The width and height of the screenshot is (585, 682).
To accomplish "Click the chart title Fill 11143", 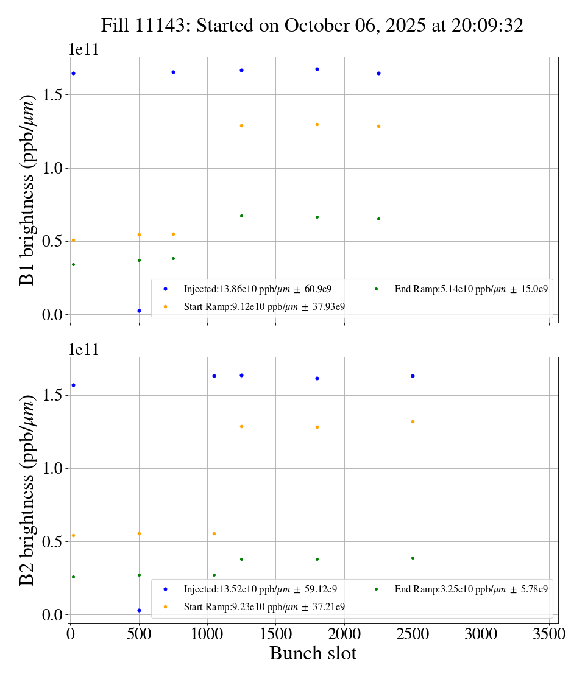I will click(312, 25).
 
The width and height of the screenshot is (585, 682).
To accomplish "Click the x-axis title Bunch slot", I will click(313, 654).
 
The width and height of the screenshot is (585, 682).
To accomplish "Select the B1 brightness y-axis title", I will click(27, 190).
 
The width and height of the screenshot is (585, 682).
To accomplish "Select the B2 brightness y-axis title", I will click(27, 490).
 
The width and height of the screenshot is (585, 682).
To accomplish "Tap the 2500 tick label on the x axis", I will click(413, 634).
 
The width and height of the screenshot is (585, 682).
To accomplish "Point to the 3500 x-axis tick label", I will click(549, 634).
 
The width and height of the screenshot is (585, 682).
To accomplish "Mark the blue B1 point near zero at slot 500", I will click(139, 311).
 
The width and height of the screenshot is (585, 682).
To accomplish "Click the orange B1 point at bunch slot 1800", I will click(317, 124).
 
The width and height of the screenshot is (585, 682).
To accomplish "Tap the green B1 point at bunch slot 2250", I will click(378, 219).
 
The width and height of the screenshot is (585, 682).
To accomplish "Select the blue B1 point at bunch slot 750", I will click(173, 72).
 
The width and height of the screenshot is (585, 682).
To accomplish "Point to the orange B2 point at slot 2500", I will click(413, 421).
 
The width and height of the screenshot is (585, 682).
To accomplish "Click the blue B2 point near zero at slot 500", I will click(139, 610).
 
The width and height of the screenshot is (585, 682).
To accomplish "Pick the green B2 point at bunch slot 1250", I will click(241, 559).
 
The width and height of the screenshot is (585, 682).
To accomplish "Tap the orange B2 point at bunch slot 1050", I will click(214, 533).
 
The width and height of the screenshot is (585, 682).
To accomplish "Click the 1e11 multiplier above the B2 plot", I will click(83, 350).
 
